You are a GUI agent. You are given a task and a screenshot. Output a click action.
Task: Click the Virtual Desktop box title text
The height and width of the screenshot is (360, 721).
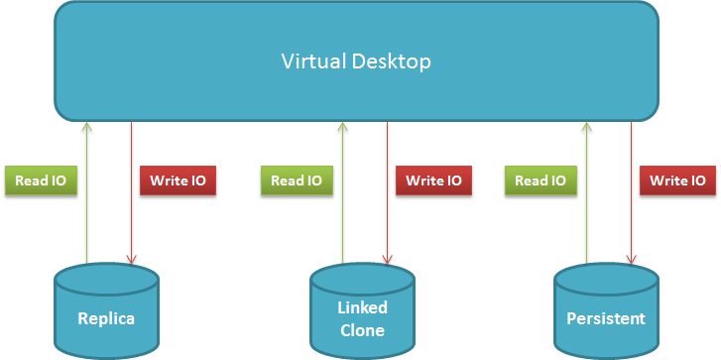(356, 61)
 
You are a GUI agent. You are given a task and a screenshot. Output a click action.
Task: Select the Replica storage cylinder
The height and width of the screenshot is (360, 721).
(107, 309)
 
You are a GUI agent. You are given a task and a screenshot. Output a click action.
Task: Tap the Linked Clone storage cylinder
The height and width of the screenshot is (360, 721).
(362, 309)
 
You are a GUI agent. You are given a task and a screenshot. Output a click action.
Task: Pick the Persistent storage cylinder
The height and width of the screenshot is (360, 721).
(606, 309)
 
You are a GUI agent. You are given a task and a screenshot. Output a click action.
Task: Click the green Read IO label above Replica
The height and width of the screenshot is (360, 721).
(41, 180)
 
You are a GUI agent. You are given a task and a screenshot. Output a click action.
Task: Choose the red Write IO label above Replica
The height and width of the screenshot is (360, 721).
(178, 180)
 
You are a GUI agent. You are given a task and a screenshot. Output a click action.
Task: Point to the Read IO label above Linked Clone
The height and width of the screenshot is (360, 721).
(297, 180)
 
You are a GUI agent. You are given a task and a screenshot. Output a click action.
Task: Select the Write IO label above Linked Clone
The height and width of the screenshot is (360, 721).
(433, 180)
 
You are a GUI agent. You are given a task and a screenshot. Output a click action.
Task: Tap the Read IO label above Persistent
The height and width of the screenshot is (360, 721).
(541, 180)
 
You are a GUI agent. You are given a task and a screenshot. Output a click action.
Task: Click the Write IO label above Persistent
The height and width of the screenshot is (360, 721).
(677, 180)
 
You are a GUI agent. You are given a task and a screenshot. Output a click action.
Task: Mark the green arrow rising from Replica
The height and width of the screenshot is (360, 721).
(86, 192)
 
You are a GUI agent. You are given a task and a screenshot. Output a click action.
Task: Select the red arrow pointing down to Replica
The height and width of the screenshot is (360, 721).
(132, 193)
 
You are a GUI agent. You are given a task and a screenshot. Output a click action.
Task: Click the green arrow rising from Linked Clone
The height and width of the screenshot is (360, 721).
(341, 192)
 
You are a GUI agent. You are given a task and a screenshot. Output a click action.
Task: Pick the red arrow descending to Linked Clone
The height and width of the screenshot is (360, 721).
(387, 193)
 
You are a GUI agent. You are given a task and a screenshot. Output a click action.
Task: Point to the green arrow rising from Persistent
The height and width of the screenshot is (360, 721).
(586, 192)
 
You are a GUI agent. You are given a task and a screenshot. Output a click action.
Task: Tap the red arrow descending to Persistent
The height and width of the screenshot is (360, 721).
(631, 193)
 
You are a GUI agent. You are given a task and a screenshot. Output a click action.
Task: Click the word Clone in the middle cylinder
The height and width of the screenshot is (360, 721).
(362, 330)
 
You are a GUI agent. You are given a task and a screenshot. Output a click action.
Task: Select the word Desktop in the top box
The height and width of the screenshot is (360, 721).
(392, 62)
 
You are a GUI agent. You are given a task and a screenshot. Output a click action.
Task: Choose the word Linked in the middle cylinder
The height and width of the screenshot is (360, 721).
(362, 307)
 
